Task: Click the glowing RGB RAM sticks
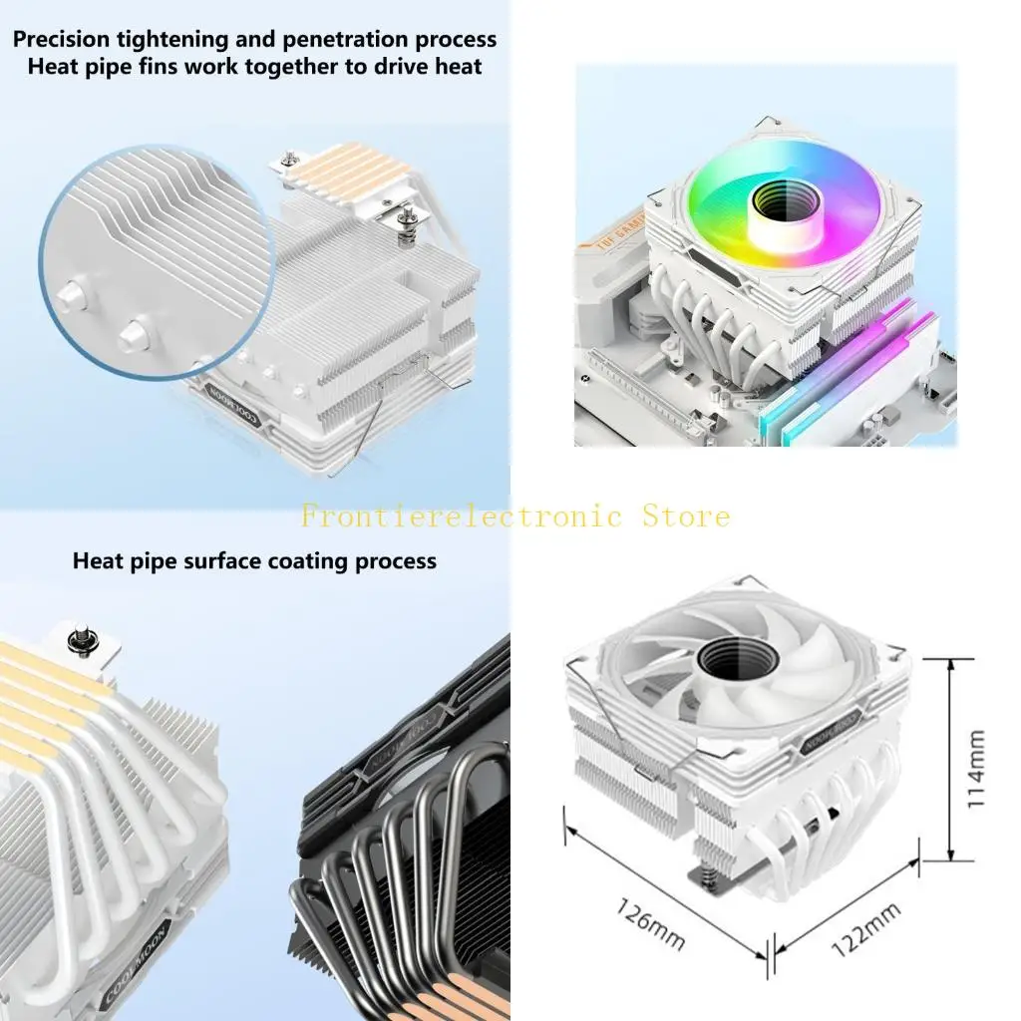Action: tap(848, 374)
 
